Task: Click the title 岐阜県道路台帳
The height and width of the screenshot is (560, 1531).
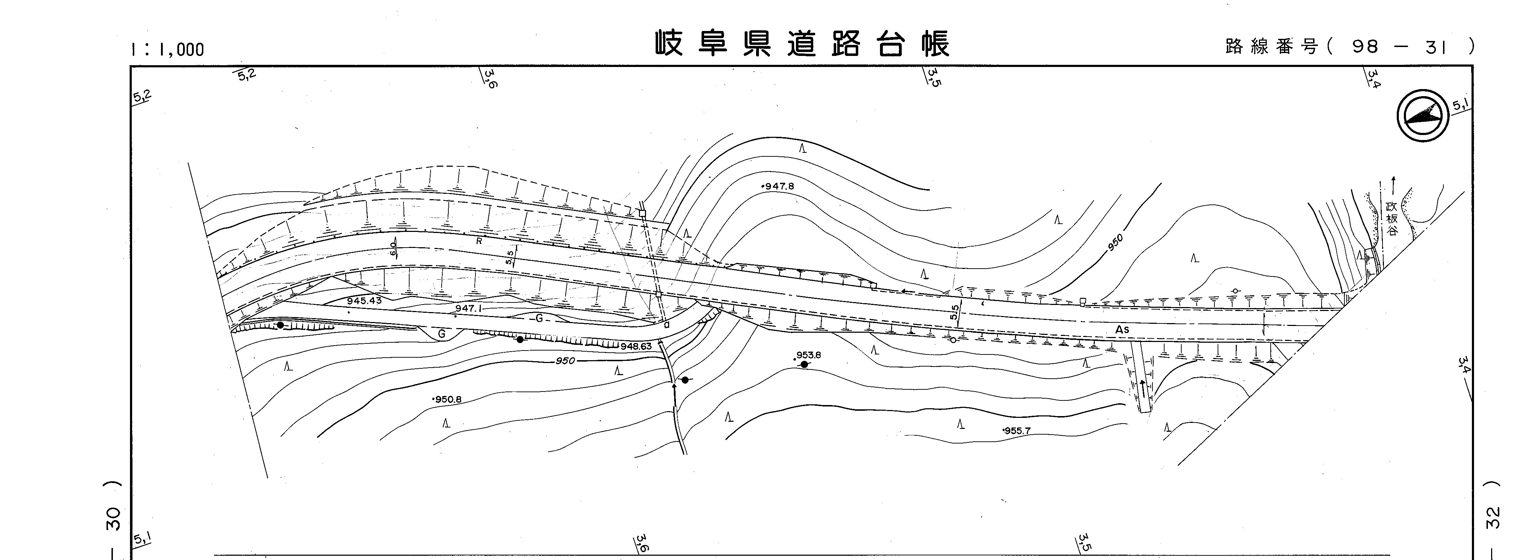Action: point(802,44)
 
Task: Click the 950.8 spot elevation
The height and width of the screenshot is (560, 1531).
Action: point(448,399)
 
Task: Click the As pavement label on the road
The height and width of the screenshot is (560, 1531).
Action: point(1121,330)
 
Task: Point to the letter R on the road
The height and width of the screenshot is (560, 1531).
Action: point(478,242)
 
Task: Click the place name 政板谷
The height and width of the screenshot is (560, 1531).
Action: point(1392,219)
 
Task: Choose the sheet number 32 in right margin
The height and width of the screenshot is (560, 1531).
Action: point(1493,517)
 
